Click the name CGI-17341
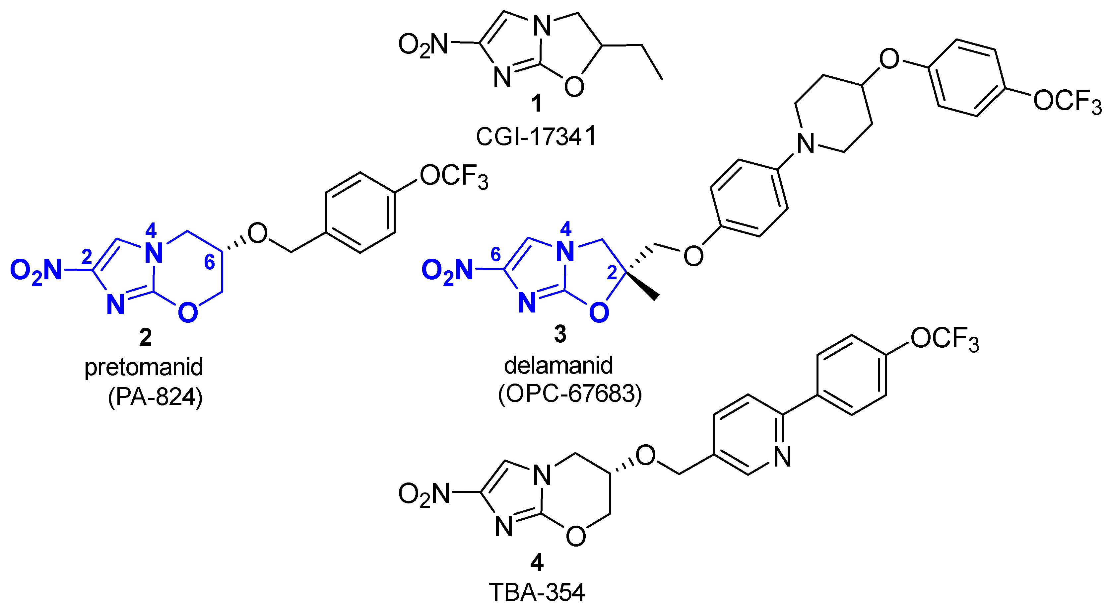coord(536,136)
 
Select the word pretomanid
coord(144,367)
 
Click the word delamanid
coord(558,365)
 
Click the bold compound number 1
coord(537,104)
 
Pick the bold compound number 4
coord(537,562)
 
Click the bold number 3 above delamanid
coord(560,334)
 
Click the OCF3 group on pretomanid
coord(454,177)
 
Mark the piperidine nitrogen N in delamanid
coord(805,143)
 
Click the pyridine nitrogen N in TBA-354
coord(782,456)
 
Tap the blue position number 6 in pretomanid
coord(209,262)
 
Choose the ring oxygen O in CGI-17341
coord(574,86)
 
